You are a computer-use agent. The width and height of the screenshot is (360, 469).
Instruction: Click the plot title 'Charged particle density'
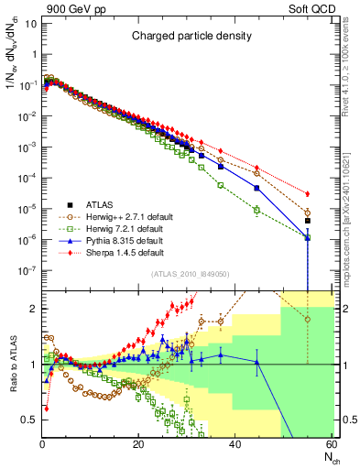[188, 37]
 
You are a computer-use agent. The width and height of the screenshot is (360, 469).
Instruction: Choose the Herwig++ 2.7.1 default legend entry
[113, 216]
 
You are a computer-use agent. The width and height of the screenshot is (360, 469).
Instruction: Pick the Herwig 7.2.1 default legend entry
[110, 228]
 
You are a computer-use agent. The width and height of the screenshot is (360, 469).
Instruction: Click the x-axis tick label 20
[138, 445]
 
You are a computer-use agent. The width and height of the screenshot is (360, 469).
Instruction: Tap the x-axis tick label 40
[235, 445]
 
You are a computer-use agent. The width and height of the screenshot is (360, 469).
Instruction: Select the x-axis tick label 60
[331, 445]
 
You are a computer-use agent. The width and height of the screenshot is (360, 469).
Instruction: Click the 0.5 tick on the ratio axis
[29, 420]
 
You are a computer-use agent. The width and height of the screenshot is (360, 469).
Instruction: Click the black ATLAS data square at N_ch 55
[308, 221]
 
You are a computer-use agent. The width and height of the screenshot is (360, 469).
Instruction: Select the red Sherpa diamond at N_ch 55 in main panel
[308, 193]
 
